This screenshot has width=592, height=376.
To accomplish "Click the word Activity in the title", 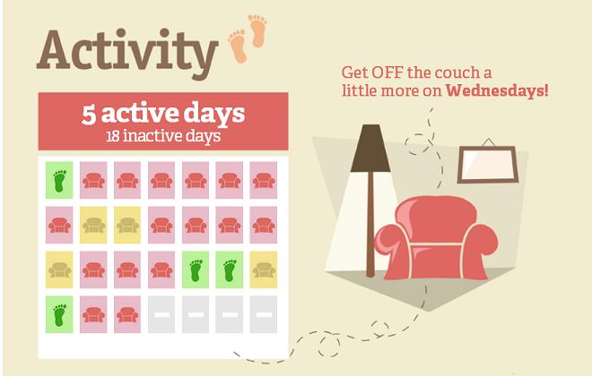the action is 127,53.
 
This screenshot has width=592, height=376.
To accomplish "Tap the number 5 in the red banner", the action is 89,115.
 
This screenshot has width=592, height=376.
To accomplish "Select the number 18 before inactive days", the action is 113,136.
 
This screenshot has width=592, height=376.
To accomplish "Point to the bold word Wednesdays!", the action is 497,90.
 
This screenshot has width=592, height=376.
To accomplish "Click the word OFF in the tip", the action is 387,72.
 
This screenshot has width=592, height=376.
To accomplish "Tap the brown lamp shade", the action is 370,148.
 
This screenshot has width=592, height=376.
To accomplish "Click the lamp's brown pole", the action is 370,224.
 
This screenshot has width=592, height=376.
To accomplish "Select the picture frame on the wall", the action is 487,165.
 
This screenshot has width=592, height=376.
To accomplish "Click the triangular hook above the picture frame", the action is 488,142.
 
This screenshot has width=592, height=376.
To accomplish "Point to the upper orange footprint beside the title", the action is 257,31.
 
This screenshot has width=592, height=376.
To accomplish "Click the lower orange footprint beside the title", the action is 239,47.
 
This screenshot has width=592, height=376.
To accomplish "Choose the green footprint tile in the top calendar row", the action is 59,180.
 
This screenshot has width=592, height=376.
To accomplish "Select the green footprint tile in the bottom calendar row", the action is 59,314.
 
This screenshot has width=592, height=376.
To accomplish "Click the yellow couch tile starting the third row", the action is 59,269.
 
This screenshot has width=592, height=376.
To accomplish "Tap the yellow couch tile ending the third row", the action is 264,269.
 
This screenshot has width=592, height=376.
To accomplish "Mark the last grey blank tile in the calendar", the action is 264,314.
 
